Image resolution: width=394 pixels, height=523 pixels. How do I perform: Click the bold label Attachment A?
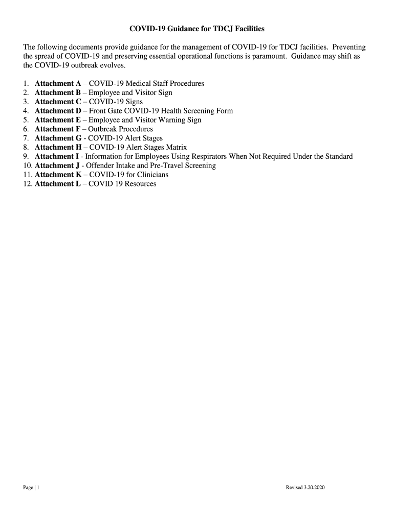pos(58,83)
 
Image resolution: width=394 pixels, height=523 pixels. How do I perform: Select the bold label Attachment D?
pos(58,111)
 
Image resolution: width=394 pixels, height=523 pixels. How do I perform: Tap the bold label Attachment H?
pos(58,147)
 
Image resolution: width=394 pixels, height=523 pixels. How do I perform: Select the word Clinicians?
pos(150,175)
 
